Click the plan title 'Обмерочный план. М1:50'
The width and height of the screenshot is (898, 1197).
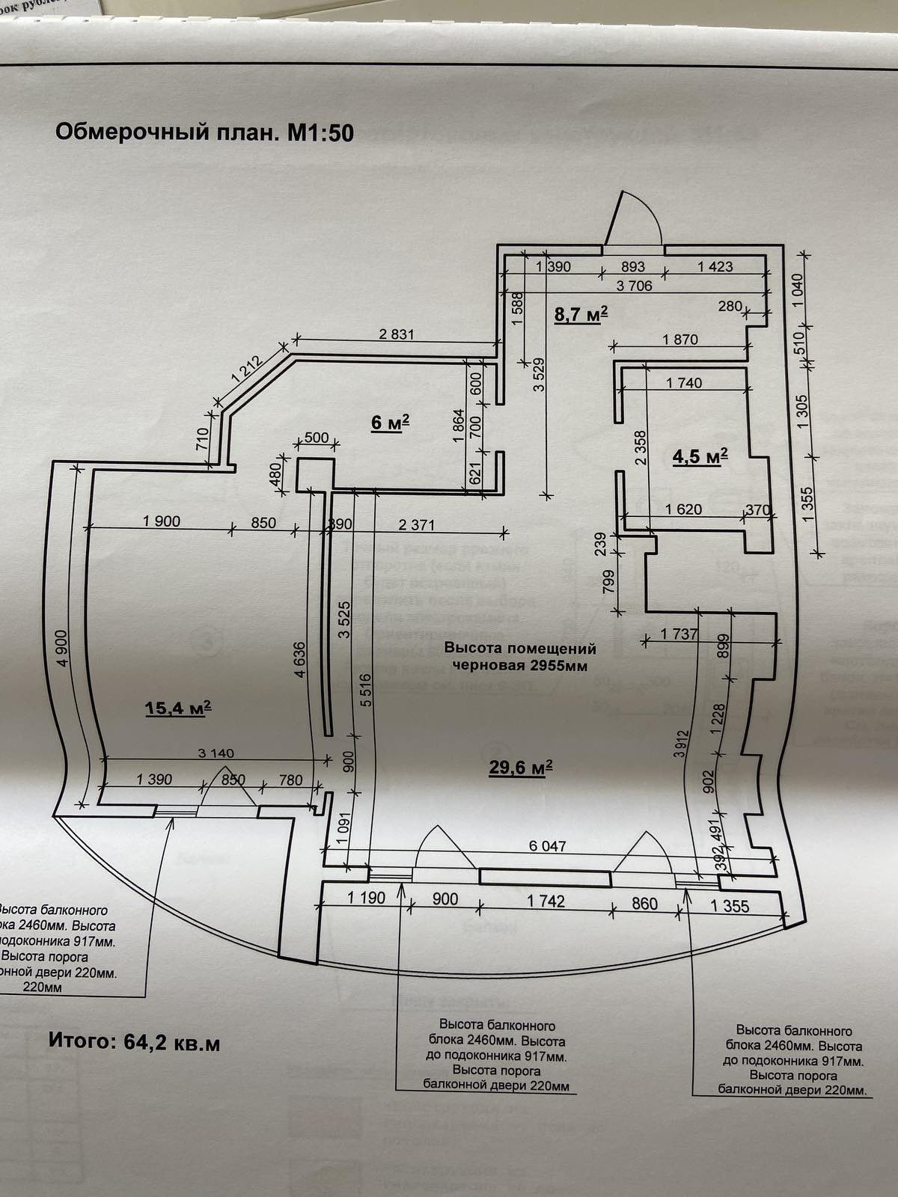pyautogui.click(x=204, y=133)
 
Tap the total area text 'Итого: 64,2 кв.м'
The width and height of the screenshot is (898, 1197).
pyautogui.click(x=135, y=1042)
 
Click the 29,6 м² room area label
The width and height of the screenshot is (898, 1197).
pyautogui.click(x=521, y=766)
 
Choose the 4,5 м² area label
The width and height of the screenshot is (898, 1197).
pyautogui.click(x=700, y=457)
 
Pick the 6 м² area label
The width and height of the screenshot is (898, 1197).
pyautogui.click(x=390, y=423)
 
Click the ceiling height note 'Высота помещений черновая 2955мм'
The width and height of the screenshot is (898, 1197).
pyautogui.click(x=521, y=657)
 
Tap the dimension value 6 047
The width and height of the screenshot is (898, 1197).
pyautogui.click(x=548, y=846)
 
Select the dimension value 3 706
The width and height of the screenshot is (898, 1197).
pyautogui.click(x=634, y=285)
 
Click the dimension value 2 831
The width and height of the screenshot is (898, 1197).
pyautogui.click(x=396, y=335)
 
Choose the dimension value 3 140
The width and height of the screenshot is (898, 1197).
pyautogui.click(x=217, y=754)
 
